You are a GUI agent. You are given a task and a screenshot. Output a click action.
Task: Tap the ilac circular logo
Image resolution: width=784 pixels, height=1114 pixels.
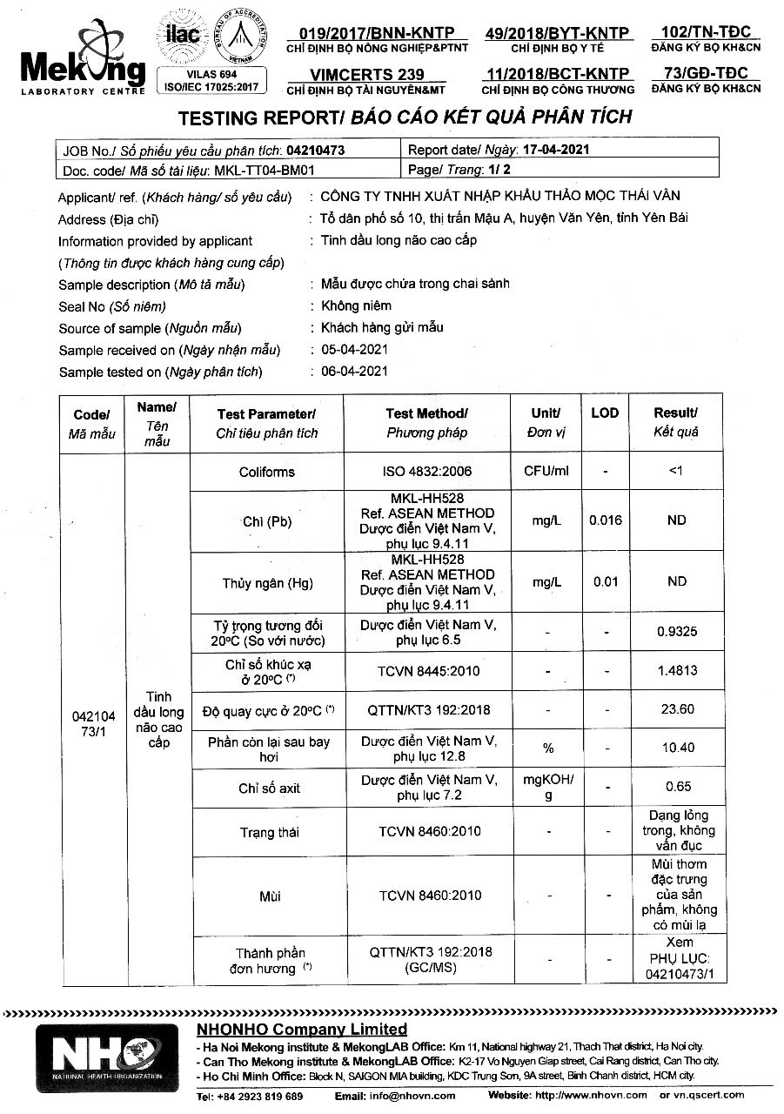point(182,35)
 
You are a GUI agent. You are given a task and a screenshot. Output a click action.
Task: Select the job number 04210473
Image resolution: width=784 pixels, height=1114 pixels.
point(315,150)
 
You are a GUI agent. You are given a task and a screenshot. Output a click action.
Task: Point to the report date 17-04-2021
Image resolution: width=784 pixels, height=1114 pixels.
point(557,149)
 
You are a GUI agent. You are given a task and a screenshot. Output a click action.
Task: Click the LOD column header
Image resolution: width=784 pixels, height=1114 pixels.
point(605,413)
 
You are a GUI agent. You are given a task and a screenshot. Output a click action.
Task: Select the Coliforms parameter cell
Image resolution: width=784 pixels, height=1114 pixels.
point(267,472)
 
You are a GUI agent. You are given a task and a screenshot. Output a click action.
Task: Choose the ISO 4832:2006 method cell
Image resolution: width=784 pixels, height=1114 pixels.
point(426,472)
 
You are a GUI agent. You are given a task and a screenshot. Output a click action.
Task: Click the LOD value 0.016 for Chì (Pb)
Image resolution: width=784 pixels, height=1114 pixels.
point(605,520)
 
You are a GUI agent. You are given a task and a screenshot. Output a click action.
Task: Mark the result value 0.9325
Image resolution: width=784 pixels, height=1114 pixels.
point(679,631)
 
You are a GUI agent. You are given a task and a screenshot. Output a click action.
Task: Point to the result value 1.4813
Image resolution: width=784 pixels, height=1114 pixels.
point(679,671)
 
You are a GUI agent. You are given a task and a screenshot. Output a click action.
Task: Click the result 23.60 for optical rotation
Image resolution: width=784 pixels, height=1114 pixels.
point(679,709)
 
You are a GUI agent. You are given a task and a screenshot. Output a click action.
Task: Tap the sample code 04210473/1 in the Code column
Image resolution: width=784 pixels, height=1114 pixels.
point(93,724)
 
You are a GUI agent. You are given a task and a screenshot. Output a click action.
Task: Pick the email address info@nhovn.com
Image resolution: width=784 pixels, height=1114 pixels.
point(407,1096)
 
